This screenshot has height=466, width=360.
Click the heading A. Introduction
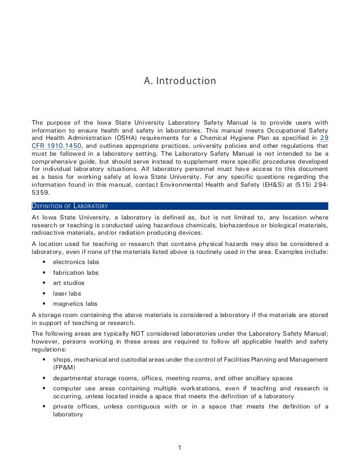click(180, 81)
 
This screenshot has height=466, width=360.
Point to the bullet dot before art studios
click(44, 283)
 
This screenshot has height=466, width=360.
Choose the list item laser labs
click(67, 293)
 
